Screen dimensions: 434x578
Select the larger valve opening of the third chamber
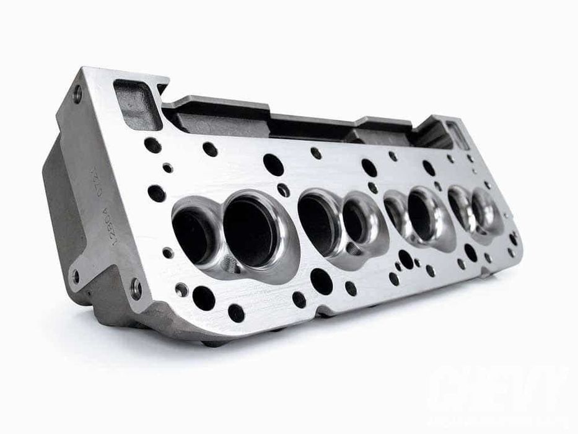point(421,214)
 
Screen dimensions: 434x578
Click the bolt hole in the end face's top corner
point(77,94)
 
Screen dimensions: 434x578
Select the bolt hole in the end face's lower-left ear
point(76,275)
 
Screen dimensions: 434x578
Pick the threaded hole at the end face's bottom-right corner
point(136,287)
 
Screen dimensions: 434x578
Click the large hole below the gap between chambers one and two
point(322,281)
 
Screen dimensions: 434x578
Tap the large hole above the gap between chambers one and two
point(273,164)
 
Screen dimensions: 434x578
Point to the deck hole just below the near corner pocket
point(153,145)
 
